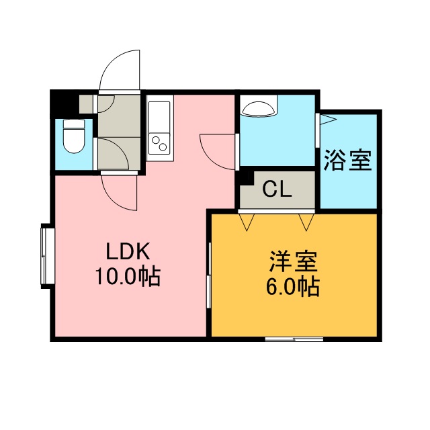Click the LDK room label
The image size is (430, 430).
click(128, 251)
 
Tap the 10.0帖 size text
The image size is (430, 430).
click(128, 276)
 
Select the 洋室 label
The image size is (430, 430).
click(293, 261)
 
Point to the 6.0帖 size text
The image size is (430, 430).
click(293, 286)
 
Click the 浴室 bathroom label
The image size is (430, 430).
click(348, 160)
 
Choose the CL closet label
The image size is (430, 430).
click(277, 189)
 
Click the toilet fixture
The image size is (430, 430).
click(73, 136)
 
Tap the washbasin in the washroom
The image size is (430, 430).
click(258, 109)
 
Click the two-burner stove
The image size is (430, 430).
click(159, 143)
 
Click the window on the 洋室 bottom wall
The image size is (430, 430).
click(294, 339)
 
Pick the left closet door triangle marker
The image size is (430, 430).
click(247, 222)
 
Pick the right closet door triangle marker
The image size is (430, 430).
click(306, 222)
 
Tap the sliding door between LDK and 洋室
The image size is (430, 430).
click(209, 275)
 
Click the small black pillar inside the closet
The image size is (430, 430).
click(245, 177)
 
